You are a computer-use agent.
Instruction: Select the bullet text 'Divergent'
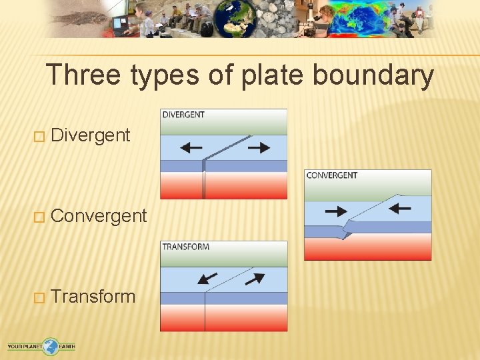click(x=90, y=135)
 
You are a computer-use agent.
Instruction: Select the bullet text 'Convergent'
click(x=99, y=216)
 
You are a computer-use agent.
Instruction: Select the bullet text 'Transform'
click(x=93, y=297)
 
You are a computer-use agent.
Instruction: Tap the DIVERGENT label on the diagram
click(x=183, y=115)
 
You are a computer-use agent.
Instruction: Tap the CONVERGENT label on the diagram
click(x=332, y=175)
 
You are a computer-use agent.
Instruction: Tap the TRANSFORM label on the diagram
click(x=186, y=247)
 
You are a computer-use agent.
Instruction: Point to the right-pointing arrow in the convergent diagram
click(x=336, y=211)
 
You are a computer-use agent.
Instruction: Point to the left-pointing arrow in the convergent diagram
click(x=399, y=209)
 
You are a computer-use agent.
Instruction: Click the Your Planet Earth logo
click(x=41, y=347)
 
